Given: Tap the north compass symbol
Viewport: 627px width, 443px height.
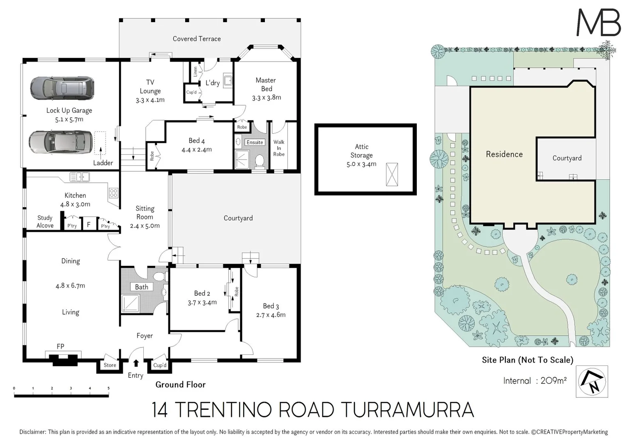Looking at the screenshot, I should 592,381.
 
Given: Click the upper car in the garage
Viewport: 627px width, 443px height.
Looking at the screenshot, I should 62,88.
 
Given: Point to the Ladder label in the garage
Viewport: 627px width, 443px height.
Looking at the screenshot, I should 103,163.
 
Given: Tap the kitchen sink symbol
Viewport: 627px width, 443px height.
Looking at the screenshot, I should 80,177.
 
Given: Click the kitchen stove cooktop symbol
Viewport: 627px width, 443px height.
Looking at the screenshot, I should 113,193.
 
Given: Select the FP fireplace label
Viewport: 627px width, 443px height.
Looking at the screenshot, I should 60,347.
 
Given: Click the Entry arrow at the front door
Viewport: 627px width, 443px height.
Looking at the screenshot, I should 136,363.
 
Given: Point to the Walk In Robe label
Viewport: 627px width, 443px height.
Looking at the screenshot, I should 279,148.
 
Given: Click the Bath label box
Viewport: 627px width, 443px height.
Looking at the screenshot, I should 142,287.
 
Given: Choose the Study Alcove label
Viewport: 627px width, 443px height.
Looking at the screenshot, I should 45,221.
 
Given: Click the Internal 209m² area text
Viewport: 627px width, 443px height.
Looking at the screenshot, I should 535,381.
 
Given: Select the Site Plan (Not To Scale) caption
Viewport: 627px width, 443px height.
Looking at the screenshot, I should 527,360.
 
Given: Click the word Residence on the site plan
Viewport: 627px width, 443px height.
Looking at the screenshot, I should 504,154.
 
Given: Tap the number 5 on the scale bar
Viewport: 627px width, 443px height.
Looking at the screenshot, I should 108,388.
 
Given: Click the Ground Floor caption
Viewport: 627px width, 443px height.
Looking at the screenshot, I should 180,385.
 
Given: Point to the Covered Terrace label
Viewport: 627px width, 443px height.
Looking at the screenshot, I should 197,39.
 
